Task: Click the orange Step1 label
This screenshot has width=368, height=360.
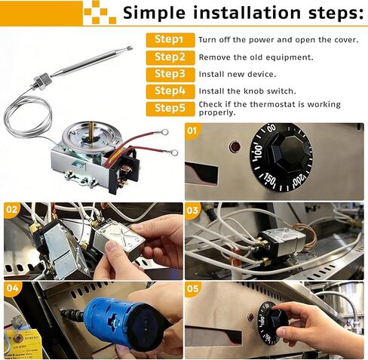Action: (x=170, y=40)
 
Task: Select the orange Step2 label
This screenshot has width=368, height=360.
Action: (x=170, y=57)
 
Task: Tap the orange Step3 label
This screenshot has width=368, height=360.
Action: (x=170, y=75)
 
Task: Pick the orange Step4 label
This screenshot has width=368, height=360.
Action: (x=170, y=91)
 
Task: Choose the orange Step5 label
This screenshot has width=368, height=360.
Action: (x=170, y=109)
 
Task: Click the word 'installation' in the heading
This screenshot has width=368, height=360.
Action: (x=247, y=13)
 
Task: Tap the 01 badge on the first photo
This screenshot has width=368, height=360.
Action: (x=192, y=131)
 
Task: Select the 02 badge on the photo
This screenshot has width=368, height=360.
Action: (x=11, y=209)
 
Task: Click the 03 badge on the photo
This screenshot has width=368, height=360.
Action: (x=192, y=210)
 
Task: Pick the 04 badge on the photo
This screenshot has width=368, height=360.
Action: (x=12, y=288)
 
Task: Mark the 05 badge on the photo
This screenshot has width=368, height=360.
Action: (x=193, y=288)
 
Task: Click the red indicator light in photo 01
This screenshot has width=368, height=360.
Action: (x=235, y=146)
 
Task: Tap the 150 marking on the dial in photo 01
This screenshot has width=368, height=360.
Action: (x=270, y=179)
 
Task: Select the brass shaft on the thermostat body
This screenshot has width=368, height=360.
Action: (x=91, y=130)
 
